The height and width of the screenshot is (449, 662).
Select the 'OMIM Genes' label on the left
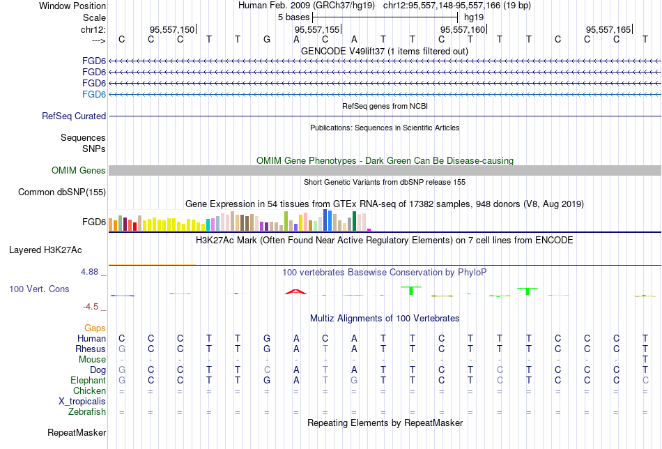point(79,171)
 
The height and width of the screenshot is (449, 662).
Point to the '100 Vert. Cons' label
point(39,289)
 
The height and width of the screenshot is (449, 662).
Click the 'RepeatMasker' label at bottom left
point(77,433)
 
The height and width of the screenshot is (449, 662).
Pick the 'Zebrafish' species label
point(87,412)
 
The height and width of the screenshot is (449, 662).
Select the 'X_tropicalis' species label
point(82,402)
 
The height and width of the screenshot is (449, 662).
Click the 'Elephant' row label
point(88,381)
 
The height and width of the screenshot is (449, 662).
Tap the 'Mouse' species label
point(93,360)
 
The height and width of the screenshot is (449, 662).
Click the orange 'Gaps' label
point(95,328)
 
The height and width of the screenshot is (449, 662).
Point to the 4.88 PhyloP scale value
point(93,271)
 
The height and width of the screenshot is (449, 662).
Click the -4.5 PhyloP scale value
point(94,306)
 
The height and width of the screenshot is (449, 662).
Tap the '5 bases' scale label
point(293,17)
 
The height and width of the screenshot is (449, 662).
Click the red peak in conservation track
point(295,291)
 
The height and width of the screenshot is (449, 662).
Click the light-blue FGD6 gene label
point(94,94)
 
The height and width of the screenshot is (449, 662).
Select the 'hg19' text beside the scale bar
point(474,17)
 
